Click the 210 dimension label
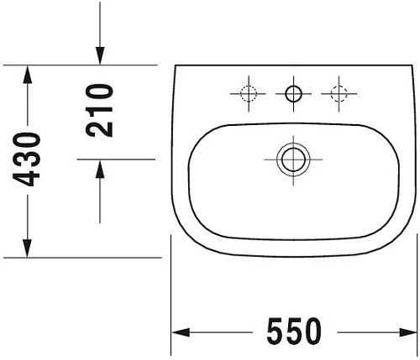tap(100, 109)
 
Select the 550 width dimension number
tap(293, 332)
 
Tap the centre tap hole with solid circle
tap(293, 93)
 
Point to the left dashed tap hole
tap(248, 93)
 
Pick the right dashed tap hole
tap(339, 93)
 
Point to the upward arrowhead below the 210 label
tap(100, 168)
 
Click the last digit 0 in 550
tap(312, 332)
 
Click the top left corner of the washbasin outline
tap(176, 66)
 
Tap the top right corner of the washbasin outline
tap(412, 66)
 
